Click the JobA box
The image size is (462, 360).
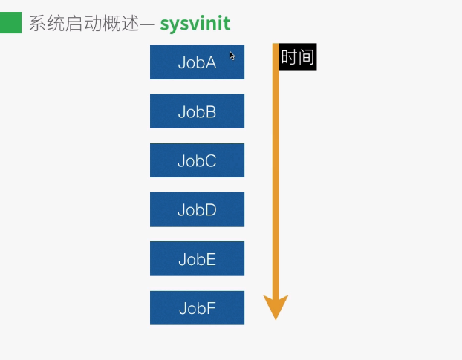(x=197, y=62)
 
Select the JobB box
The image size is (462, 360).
(x=197, y=111)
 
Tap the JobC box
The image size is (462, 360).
(x=197, y=160)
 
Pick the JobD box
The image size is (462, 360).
(x=197, y=209)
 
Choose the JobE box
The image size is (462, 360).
(x=197, y=259)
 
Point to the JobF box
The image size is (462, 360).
(x=197, y=308)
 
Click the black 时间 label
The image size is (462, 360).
(x=298, y=57)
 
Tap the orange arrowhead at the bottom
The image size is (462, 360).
(x=276, y=306)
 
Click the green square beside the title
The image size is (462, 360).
(x=11, y=23)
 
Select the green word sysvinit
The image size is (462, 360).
(x=195, y=24)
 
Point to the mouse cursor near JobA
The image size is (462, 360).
(x=232, y=55)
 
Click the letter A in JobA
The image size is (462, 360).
(x=211, y=62)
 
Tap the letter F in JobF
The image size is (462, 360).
(x=211, y=308)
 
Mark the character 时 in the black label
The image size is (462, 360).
(x=289, y=57)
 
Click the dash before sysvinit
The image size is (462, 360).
(x=147, y=24)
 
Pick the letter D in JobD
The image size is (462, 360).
(x=211, y=209)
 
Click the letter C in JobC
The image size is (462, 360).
(x=211, y=160)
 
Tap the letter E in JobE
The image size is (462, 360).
(x=211, y=259)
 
